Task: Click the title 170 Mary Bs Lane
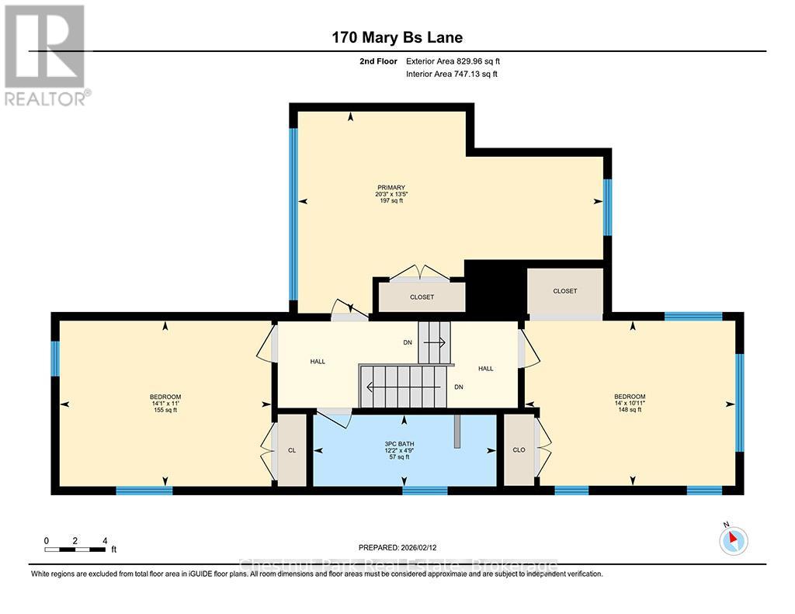(397, 37)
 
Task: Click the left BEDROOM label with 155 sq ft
(165, 403)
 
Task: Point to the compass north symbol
(733, 539)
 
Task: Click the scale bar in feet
(75, 550)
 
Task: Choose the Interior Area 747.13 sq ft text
(451, 75)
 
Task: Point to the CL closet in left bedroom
(292, 450)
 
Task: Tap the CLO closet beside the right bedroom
(519, 450)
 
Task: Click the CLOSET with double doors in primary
(422, 297)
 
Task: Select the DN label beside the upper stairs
(408, 342)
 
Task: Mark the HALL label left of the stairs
(318, 361)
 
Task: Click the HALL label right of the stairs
(486, 369)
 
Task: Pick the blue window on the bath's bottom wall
(425, 490)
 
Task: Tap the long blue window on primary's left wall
(293, 213)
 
